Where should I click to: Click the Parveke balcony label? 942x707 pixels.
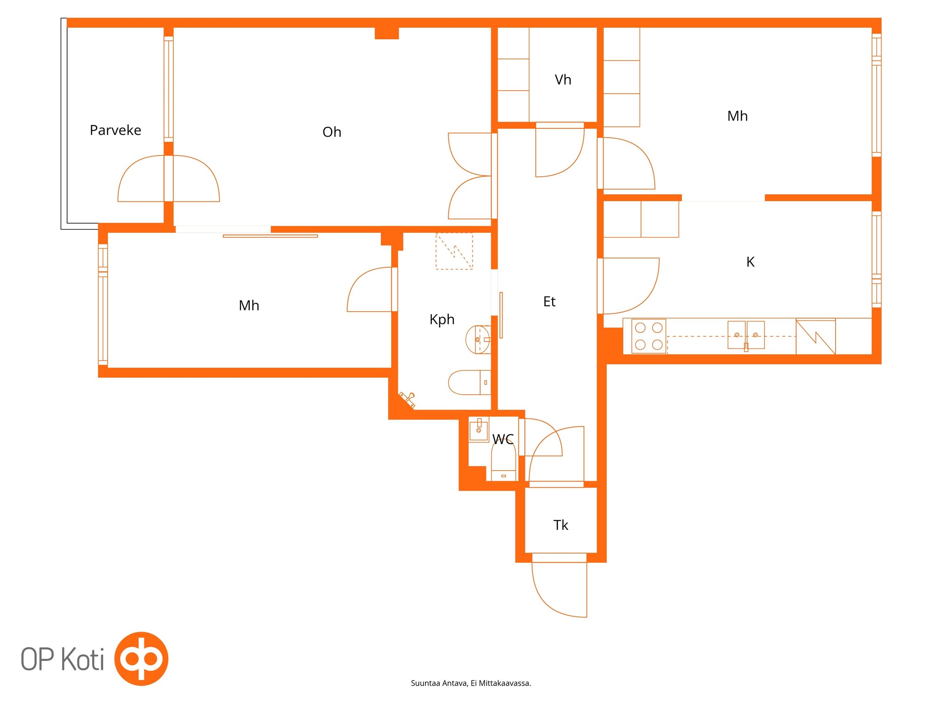coord(115,130)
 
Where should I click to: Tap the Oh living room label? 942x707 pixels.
coord(332,132)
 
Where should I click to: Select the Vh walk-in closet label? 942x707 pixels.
coord(563,80)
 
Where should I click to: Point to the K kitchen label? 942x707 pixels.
coord(750,262)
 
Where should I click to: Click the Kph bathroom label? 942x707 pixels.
coord(442,319)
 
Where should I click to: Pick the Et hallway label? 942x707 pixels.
coord(549,301)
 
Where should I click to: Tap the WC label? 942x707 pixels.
coord(503,439)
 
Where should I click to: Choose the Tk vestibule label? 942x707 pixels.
coord(560,525)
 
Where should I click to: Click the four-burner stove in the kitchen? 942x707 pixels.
coord(648,336)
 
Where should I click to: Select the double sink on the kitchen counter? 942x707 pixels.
coord(746,335)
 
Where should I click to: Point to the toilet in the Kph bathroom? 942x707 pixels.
coord(469,382)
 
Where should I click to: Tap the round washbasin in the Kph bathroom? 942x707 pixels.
coord(478,339)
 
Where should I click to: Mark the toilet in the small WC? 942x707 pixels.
coord(503,461)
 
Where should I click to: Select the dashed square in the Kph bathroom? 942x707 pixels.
coord(454,251)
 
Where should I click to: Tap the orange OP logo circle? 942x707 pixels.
coord(141,658)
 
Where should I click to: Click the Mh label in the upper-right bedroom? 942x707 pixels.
coord(737,116)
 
